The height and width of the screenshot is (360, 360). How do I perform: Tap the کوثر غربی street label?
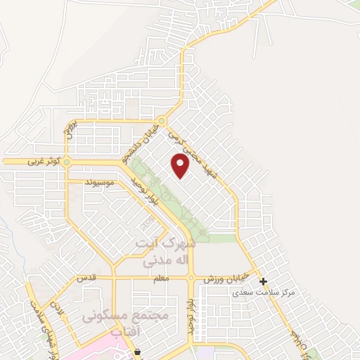click(41, 161)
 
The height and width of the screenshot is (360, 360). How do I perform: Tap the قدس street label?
click(85, 279)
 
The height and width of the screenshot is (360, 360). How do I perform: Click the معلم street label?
click(160, 279)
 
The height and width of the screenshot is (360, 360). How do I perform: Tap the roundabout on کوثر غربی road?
click(67, 162)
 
